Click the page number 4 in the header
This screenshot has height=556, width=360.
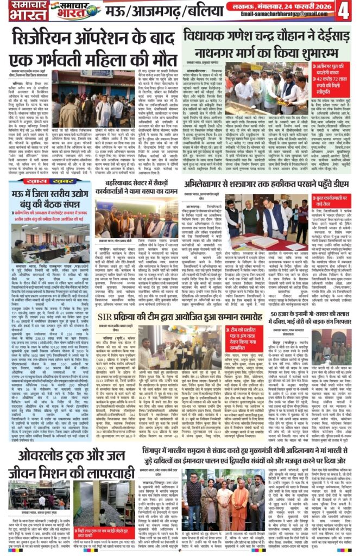click(x=346, y=10)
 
